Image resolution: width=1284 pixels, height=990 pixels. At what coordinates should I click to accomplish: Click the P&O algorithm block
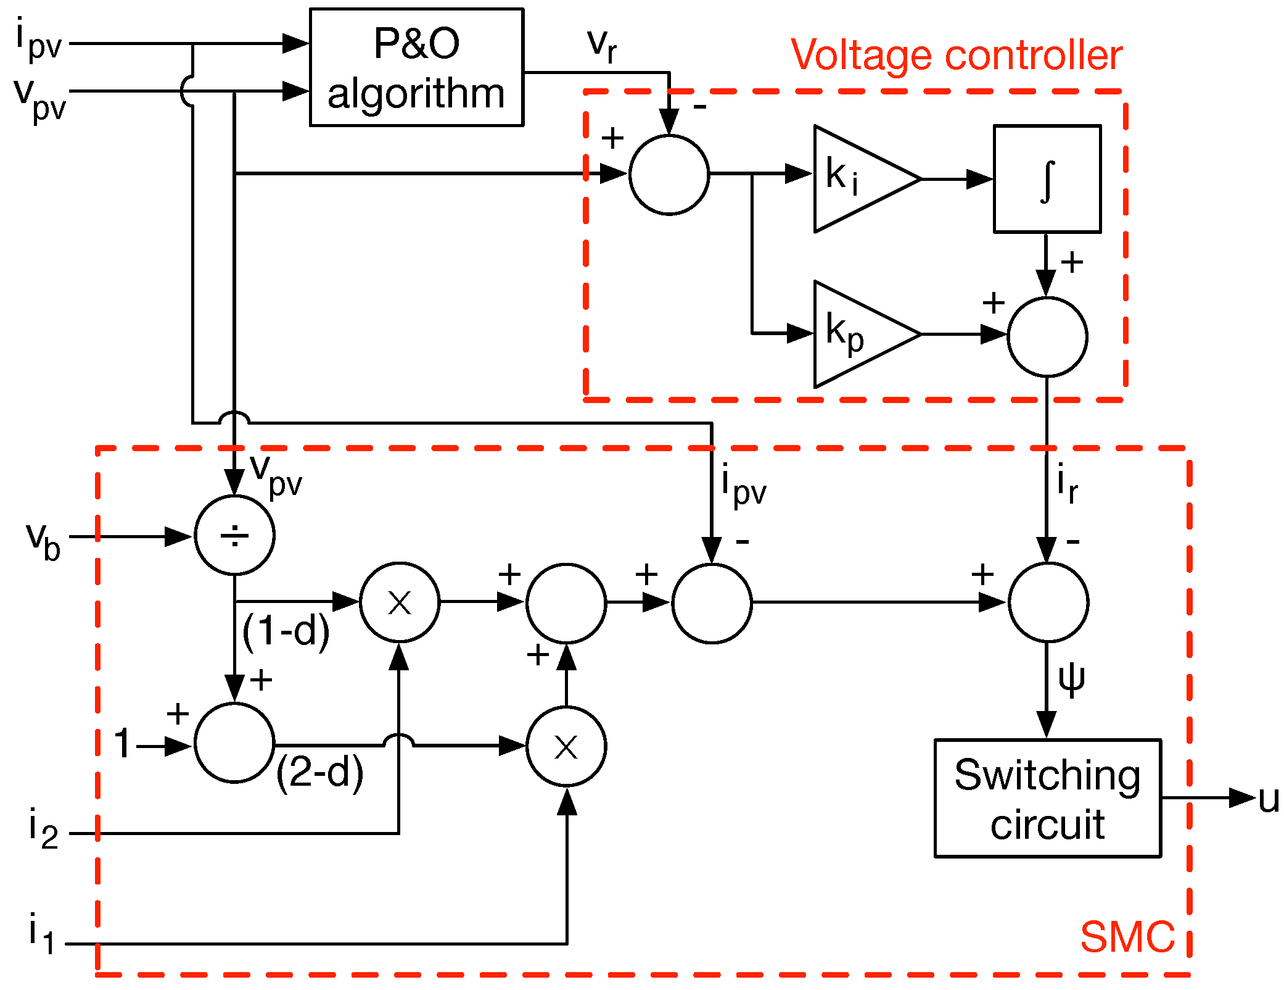click(416, 67)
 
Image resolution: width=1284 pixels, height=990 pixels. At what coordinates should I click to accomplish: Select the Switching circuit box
click(1047, 797)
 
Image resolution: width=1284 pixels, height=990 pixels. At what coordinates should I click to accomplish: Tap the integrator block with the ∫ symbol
click(1047, 179)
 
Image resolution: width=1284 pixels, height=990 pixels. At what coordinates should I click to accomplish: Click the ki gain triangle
click(857, 179)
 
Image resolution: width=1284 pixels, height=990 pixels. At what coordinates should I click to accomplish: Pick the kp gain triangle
click(857, 334)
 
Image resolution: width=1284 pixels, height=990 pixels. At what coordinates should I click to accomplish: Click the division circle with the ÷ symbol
click(234, 535)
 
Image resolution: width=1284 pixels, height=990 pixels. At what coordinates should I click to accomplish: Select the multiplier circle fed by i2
click(400, 602)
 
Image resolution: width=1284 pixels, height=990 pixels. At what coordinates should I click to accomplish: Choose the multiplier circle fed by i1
click(566, 746)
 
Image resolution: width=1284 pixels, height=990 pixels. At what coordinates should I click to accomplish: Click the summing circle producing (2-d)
click(234, 742)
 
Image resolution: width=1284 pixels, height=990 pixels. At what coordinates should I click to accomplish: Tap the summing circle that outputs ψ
click(1048, 602)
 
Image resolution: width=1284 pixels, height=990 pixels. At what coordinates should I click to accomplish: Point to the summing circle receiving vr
click(669, 175)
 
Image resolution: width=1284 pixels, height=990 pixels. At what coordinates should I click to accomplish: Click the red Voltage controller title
click(956, 56)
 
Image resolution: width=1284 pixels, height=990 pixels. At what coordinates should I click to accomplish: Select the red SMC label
click(1127, 937)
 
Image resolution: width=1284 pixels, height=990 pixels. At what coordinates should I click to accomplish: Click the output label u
click(1269, 800)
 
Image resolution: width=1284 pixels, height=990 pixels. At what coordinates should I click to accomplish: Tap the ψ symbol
click(1071, 680)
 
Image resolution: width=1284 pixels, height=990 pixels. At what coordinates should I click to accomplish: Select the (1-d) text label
click(286, 631)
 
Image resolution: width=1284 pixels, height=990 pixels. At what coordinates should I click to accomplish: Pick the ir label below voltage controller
click(1067, 485)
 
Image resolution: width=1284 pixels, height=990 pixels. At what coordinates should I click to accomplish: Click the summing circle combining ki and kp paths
click(1047, 337)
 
